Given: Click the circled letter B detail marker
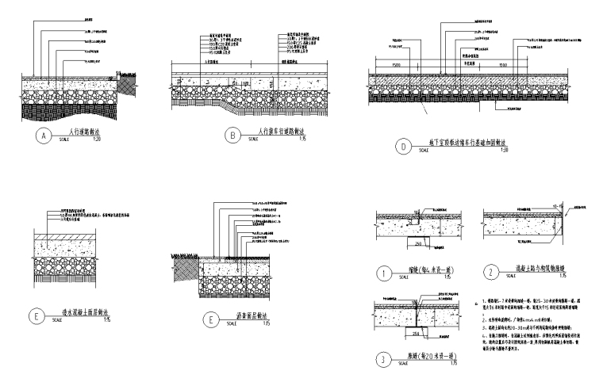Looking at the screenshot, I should [233, 136].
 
